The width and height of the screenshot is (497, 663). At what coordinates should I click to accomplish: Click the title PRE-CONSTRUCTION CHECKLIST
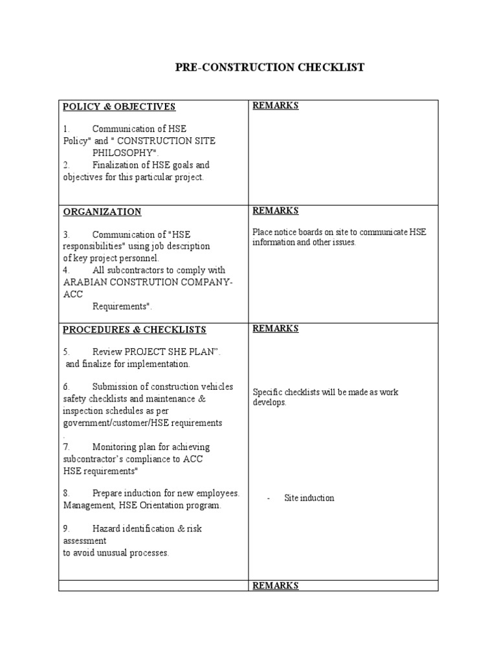coord(270,67)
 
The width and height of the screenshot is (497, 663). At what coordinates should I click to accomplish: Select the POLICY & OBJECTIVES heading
coord(119,107)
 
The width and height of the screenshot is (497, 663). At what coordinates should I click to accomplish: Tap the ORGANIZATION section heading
coord(102,212)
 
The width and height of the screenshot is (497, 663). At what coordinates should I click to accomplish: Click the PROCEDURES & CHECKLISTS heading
coord(134,330)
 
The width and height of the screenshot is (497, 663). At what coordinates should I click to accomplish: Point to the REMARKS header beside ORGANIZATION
coord(275,210)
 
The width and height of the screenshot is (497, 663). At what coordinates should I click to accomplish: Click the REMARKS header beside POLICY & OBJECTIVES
coord(275,106)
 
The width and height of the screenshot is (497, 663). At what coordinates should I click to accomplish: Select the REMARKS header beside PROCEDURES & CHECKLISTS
coord(275,328)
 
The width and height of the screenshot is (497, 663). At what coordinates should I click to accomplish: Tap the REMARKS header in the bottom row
coord(275,585)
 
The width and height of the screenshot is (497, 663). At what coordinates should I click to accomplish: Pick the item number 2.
coord(66,165)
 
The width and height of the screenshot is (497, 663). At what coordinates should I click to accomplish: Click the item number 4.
coord(66,270)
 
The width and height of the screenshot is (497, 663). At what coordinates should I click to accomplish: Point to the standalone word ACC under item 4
coord(73,294)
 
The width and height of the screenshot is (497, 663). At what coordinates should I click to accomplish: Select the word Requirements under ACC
coord(120,306)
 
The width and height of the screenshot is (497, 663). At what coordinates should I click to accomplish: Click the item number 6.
coord(66,387)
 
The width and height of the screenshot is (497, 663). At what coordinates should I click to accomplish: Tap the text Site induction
coord(309,498)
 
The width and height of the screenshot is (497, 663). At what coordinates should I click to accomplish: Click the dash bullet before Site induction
coord(269,498)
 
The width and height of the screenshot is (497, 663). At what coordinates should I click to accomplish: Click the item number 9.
coord(66,529)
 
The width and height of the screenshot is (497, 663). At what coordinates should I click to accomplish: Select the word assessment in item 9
coord(85,541)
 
